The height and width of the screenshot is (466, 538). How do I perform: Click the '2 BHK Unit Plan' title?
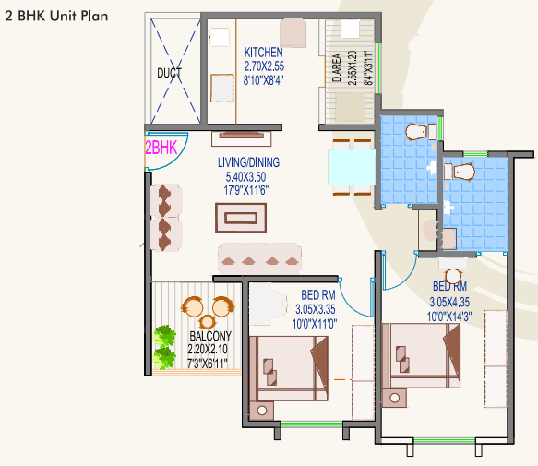[56, 16]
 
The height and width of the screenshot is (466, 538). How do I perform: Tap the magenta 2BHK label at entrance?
[161, 148]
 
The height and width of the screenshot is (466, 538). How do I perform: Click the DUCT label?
[169, 73]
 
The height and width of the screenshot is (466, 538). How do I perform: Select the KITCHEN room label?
[264, 53]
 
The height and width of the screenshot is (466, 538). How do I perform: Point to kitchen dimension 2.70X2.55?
[264, 66]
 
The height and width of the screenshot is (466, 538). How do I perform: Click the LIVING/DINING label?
[248, 162]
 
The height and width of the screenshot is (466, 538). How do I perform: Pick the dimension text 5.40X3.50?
[245, 177]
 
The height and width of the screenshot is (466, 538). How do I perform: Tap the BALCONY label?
[210, 336]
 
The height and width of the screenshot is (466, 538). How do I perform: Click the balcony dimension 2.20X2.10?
[208, 349]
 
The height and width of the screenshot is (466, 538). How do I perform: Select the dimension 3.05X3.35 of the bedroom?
[316, 309]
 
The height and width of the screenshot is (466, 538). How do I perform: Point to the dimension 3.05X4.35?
[449, 303]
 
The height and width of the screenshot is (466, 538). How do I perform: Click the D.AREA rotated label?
[337, 67]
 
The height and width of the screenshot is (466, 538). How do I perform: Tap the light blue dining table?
[352, 167]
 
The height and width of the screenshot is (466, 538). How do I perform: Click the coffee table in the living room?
[241, 218]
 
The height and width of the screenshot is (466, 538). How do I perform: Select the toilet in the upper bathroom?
[416, 132]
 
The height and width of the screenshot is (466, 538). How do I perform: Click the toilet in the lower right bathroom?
[464, 172]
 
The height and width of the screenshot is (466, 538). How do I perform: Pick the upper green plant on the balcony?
[164, 336]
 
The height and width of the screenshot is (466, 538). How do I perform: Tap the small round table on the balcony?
[208, 322]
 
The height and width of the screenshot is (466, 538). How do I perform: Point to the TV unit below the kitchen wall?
[241, 138]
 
